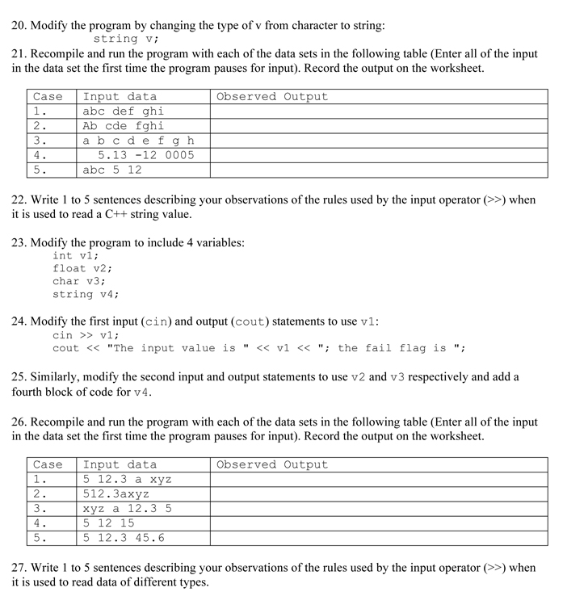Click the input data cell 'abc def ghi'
[123, 111]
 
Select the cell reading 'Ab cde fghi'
[123, 126]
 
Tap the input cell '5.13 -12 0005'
[145, 155]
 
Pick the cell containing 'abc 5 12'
[112, 170]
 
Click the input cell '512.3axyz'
[116, 494]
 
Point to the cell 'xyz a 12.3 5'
[128, 509]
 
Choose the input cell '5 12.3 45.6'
[124, 538]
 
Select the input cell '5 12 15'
[109, 523]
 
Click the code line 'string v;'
[126, 39]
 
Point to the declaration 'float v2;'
[82, 268]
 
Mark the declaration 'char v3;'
[79, 281]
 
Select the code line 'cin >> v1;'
[86, 335]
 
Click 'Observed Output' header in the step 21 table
[272, 97]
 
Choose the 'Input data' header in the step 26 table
[120, 465]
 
